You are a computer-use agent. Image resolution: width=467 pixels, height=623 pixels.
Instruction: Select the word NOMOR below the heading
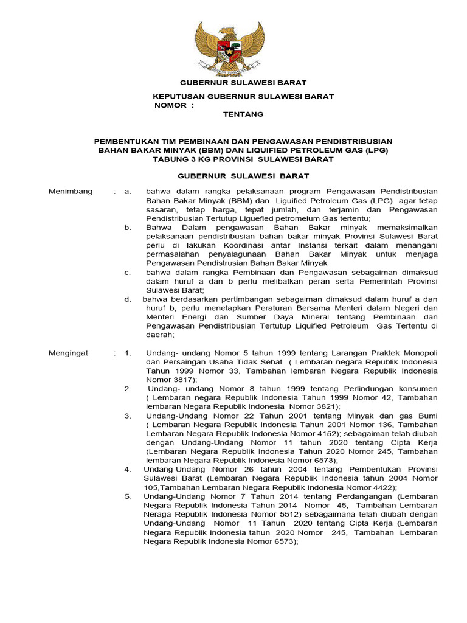170,105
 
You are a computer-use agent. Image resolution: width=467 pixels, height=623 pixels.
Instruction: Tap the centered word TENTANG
226,114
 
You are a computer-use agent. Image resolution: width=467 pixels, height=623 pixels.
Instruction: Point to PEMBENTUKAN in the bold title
126,141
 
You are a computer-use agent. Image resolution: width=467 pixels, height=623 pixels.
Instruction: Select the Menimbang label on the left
71,192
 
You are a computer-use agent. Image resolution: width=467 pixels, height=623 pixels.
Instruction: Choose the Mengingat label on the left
69,353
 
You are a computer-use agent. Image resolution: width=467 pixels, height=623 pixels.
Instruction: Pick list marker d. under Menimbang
128,299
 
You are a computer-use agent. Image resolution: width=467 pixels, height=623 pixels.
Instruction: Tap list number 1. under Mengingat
128,353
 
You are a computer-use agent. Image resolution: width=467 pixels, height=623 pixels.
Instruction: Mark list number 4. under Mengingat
128,469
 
